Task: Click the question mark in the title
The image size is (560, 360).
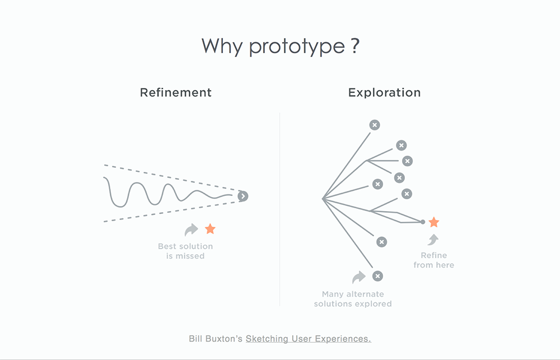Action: point(354,45)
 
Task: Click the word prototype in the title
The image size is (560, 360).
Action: point(297,46)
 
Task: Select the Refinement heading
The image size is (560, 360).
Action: point(176,92)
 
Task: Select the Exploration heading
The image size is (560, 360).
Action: point(384,92)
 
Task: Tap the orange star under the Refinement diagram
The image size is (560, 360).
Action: point(210,228)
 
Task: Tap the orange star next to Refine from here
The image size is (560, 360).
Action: point(433,222)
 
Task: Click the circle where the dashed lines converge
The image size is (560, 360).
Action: point(242,196)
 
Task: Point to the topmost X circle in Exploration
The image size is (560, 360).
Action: point(375,125)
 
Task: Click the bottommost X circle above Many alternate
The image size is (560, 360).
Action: point(377,276)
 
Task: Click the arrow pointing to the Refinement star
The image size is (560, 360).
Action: point(192,229)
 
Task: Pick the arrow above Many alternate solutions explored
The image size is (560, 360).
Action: point(358,277)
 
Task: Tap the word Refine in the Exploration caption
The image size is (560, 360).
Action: point(434,255)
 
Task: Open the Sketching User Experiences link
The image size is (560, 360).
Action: point(308,339)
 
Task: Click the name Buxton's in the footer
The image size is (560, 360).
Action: point(225,339)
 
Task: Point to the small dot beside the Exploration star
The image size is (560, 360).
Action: point(422,222)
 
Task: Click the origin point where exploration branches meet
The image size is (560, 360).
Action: point(323,199)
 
